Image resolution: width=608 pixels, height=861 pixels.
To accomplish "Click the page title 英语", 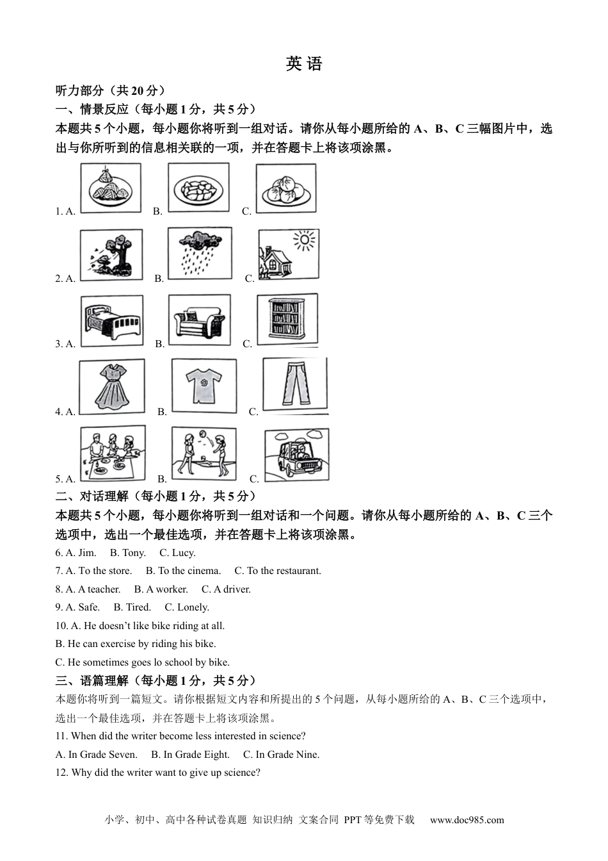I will [x=304, y=64].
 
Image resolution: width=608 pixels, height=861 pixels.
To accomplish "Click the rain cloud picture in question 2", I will [x=199, y=253].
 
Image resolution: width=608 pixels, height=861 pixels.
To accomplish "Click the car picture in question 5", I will [x=297, y=454].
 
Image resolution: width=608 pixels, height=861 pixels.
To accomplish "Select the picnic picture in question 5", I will [x=112, y=453].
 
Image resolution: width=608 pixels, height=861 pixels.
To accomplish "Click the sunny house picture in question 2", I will [x=288, y=254].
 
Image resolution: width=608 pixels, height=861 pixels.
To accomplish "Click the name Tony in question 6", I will [x=134, y=553].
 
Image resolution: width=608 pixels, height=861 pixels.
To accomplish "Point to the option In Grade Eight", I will [x=190, y=755].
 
